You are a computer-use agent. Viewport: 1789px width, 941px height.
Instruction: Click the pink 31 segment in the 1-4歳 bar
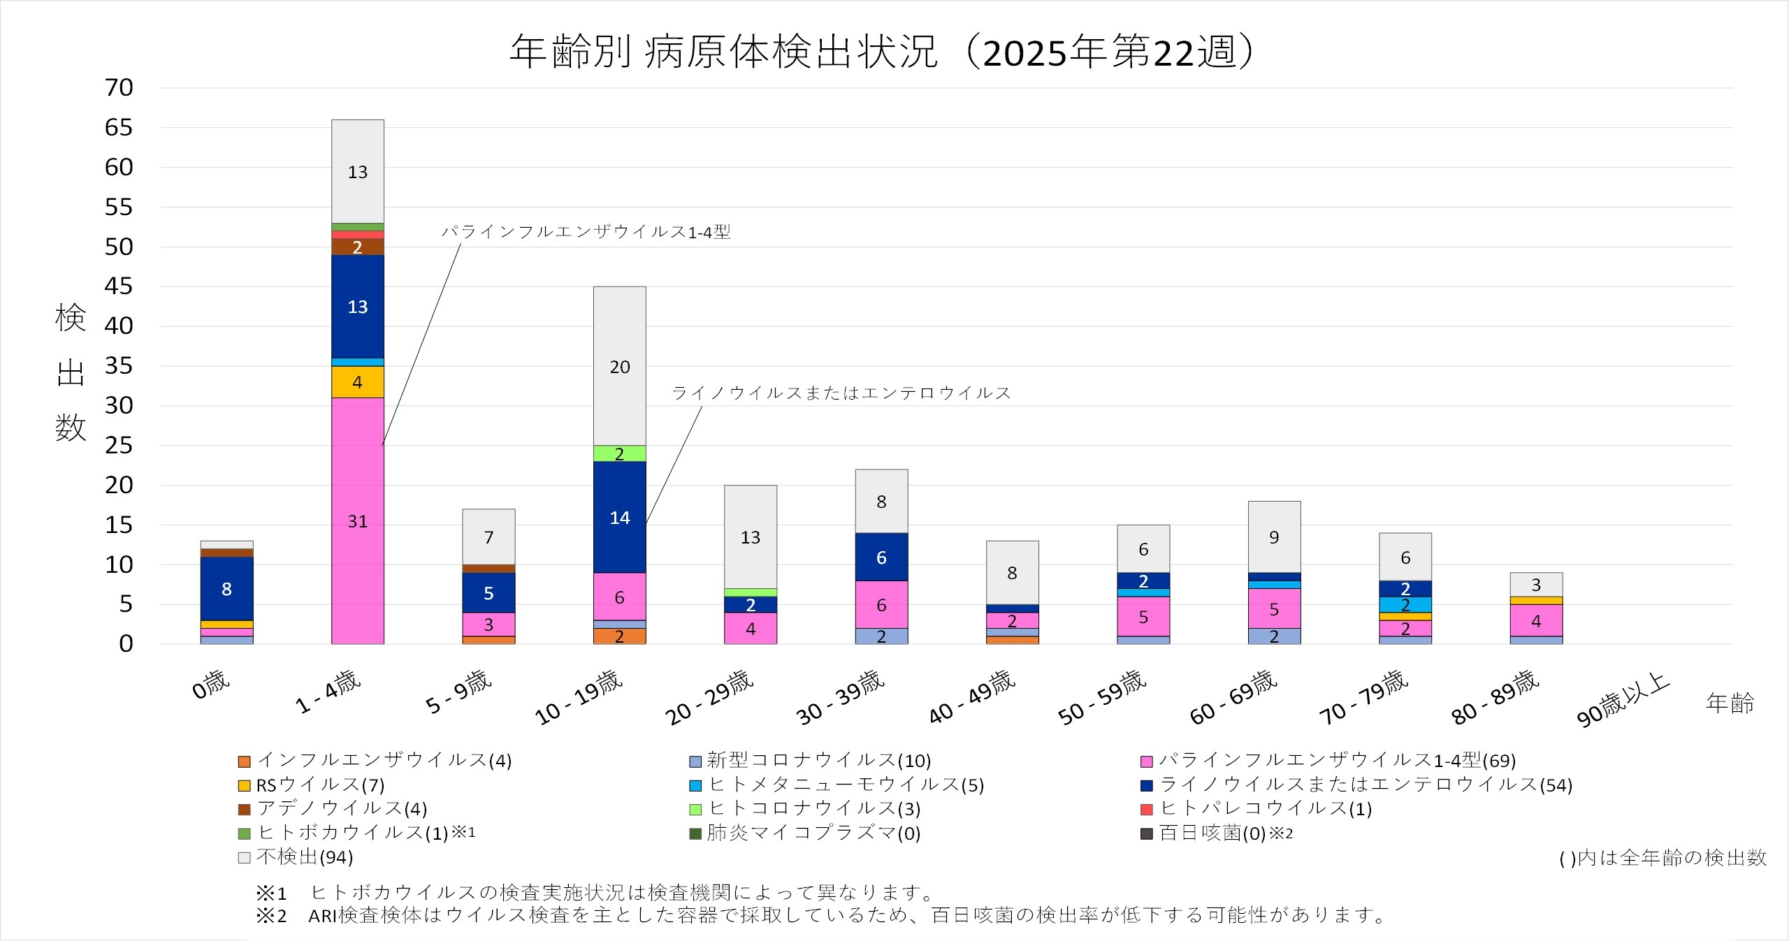click(x=357, y=520)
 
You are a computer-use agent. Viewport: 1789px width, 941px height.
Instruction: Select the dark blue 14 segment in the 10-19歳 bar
click(x=619, y=517)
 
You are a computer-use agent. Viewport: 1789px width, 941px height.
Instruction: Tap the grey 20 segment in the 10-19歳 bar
click(x=619, y=366)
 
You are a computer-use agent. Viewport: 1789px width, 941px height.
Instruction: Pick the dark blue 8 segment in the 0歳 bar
click(x=226, y=588)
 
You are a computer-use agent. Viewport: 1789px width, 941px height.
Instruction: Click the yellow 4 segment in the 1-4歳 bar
click(x=357, y=382)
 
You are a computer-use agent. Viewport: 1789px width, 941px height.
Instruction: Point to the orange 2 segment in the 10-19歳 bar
click(x=619, y=636)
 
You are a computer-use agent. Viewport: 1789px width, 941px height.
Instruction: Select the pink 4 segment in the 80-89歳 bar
click(x=1535, y=620)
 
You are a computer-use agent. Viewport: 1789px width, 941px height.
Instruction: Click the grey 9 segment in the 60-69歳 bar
click(x=1274, y=537)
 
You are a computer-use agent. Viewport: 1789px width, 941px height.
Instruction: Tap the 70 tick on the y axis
click(x=119, y=88)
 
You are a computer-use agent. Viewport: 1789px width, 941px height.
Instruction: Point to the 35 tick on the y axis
click(x=119, y=365)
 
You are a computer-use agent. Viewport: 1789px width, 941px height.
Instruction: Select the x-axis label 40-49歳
click(x=971, y=696)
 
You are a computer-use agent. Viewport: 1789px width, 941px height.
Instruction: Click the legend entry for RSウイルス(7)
click(x=312, y=785)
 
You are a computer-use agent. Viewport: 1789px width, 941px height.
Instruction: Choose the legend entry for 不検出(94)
click(x=296, y=857)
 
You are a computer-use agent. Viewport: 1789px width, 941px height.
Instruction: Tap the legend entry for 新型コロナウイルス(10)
click(x=811, y=761)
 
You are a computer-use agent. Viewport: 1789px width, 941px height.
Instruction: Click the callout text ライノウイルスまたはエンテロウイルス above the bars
click(x=841, y=393)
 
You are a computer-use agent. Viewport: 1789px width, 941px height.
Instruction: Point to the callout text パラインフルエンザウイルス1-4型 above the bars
click(x=586, y=232)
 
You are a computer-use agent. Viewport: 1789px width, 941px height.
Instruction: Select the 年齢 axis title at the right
click(x=1730, y=703)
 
